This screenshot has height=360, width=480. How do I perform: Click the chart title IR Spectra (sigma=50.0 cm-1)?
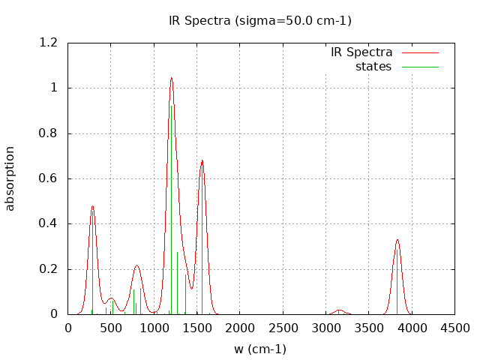click(x=260, y=20)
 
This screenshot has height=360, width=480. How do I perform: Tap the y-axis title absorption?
click(x=10, y=178)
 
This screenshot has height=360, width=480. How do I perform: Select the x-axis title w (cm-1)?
click(x=260, y=349)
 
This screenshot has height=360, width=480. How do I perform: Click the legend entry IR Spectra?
click(x=361, y=52)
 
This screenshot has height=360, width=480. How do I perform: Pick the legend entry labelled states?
click(x=373, y=67)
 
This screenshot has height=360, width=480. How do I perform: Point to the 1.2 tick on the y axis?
click(x=49, y=43)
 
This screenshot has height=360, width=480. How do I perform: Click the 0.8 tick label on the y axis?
click(x=49, y=133)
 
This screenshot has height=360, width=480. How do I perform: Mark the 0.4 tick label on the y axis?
click(x=49, y=223)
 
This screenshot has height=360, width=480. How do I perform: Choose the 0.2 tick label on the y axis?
click(x=49, y=269)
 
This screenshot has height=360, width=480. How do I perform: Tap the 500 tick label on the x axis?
click(x=111, y=328)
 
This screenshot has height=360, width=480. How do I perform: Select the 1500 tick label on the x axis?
click(x=196, y=328)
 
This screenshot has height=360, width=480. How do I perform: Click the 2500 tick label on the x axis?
click(x=283, y=328)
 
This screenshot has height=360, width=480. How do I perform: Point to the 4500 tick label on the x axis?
click(x=454, y=328)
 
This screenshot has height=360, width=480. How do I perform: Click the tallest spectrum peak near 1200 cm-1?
click(x=171, y=78)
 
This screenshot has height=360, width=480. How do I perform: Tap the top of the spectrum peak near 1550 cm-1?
click(x=202, y=160)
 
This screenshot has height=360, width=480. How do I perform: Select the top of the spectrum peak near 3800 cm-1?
click(x=397, y=240)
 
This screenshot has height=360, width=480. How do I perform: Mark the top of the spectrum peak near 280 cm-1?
click(x=92, y=206)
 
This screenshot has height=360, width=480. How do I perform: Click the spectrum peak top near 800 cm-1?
click(x=136, y=265)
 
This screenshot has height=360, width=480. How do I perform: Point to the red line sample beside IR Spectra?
click(x=419, y=52)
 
